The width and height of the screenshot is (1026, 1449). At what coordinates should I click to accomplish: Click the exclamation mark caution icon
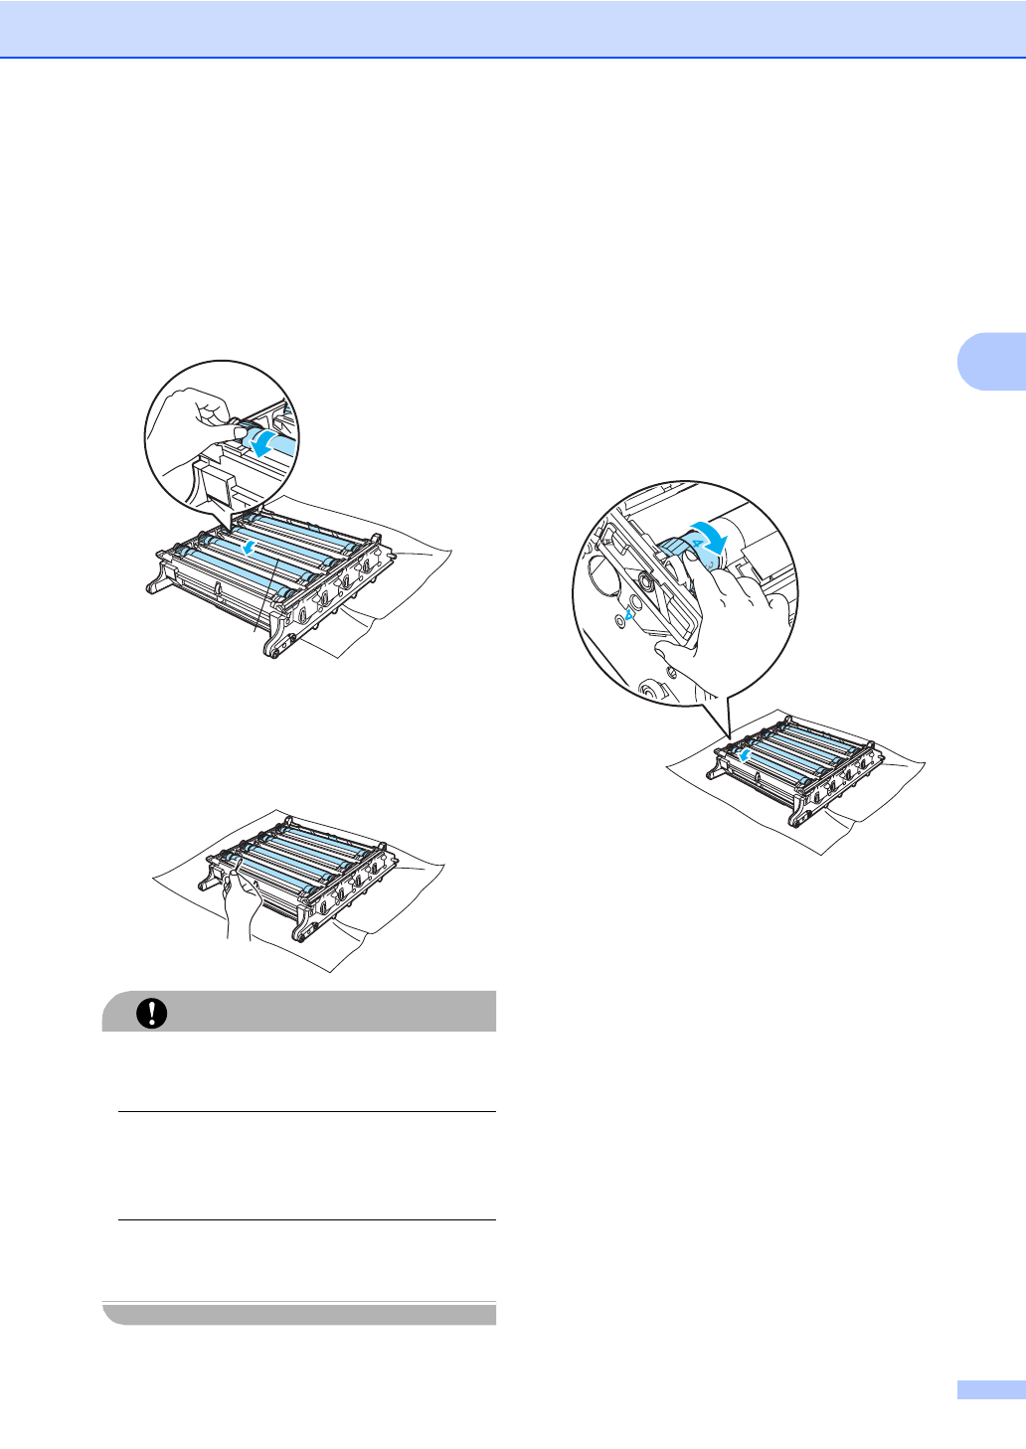(x=152, y=1012)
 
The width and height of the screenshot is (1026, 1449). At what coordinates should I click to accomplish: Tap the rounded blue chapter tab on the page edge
(x=991, y=359)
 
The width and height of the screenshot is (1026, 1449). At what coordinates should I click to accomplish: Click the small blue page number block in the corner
(x=990, y=1389)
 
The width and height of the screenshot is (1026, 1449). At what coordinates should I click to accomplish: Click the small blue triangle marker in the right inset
(x=628, y=614)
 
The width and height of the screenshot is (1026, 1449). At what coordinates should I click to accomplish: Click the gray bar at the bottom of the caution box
(x=299, y=1314)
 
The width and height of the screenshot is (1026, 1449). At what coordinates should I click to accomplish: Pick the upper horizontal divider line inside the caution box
(x=306, y=1111)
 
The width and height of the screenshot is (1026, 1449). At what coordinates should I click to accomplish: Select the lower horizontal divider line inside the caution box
(x=306, y=1219)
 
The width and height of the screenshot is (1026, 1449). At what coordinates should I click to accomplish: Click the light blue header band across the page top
(x=513, y=28)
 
